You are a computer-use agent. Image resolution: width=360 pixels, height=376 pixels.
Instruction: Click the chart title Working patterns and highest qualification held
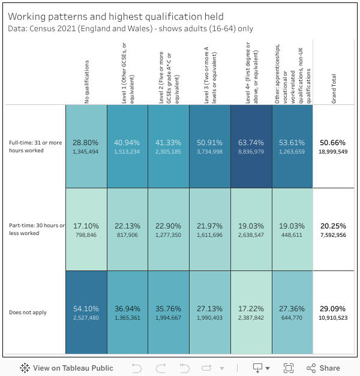(116, 17)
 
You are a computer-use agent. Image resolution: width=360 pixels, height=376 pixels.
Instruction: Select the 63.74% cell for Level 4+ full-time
(251, 146)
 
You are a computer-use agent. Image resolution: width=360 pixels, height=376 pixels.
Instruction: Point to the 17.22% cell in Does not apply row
(251, 312)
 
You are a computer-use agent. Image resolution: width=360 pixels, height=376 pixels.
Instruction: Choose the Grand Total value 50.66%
(334, 143)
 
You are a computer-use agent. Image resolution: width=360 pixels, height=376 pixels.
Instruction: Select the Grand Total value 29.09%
(334, 308)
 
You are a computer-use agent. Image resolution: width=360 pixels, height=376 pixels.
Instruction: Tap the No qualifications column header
(87, 81)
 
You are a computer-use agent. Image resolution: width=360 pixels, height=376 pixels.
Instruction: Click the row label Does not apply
(28, 312)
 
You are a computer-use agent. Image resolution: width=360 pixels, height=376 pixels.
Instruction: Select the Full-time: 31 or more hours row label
(35, 146)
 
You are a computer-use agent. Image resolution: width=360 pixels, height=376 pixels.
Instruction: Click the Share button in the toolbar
(323, 368)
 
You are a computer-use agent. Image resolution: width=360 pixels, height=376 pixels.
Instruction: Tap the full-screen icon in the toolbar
(288, 368)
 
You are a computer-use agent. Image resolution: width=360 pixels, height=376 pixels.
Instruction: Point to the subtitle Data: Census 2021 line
(130, 28)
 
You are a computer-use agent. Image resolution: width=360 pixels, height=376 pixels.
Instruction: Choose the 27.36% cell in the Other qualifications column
(292, 312)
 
